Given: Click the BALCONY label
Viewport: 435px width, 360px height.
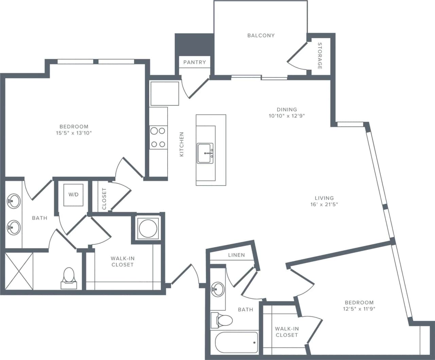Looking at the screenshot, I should click(261, 35).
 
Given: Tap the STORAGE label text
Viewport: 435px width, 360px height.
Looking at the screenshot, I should click(319, 56).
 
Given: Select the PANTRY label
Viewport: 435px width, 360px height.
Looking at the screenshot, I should click(194, 62).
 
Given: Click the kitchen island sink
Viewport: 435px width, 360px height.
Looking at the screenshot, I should click(205, 154).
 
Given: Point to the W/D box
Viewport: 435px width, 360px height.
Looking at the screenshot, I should click(73, 195).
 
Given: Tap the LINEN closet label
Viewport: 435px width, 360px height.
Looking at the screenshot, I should click(236, 255).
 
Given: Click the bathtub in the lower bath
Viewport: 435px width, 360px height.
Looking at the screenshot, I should click(237, 342).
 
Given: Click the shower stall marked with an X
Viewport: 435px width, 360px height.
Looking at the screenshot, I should click(19, 271).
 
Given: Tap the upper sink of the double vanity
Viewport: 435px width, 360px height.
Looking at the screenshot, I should click(14, 201).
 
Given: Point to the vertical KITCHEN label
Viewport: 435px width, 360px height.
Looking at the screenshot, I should click(181, 144).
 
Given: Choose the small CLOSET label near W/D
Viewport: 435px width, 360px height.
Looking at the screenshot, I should click(104, 199).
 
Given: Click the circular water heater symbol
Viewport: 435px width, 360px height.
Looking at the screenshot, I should click(148, 228).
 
